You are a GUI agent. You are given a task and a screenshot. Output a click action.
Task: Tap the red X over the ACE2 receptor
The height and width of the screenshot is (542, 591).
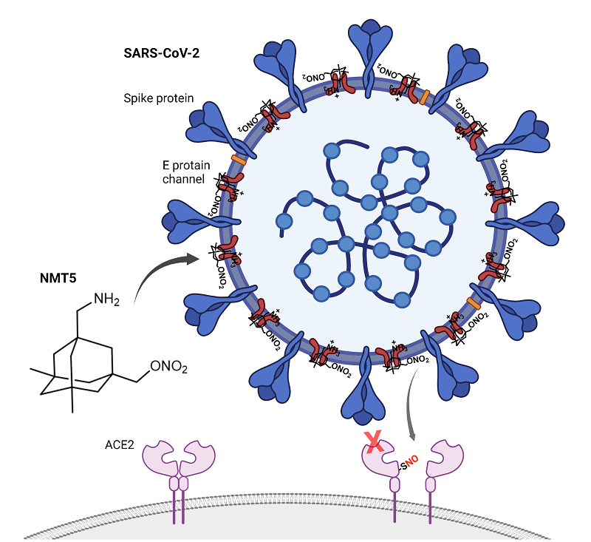(x=374, y=444)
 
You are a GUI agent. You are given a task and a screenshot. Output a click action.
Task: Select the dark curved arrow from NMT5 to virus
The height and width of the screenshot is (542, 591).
(x=164, y=270)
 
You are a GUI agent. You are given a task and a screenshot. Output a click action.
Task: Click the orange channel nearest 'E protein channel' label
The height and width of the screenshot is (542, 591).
(x=239, y=159)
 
